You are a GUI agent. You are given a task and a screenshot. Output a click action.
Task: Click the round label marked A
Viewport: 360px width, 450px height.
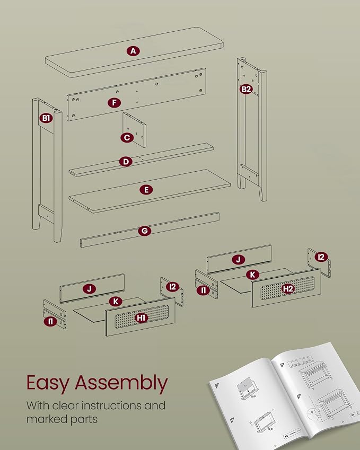(133, 51)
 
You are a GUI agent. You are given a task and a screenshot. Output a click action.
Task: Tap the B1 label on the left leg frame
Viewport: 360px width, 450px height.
(46, 118)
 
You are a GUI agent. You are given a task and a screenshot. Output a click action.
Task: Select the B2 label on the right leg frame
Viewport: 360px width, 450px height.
(246, 89)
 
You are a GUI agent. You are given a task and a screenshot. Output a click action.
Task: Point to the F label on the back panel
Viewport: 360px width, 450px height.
(115, 102)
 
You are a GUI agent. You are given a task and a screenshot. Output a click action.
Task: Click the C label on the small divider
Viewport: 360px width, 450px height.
(127, 138)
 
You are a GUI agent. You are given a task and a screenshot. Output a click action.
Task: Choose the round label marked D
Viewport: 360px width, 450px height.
(126, 162)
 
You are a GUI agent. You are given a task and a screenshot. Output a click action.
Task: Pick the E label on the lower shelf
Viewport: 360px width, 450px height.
(146, 190)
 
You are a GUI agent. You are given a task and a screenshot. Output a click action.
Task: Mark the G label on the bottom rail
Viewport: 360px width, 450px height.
(144, 231)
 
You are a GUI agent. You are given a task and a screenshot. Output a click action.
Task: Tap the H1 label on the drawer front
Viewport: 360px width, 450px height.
(141, 317)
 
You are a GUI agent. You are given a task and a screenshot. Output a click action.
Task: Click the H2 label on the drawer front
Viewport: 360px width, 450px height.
(288, 288)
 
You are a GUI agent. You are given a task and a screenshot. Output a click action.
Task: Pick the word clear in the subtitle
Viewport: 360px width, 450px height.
(65, 405)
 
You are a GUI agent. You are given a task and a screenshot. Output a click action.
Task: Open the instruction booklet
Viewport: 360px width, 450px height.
(284, 396)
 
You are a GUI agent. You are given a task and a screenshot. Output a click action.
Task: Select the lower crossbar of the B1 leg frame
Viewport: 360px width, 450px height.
(46, 213)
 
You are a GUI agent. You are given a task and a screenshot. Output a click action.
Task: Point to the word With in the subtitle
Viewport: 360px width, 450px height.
(38, 405)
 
